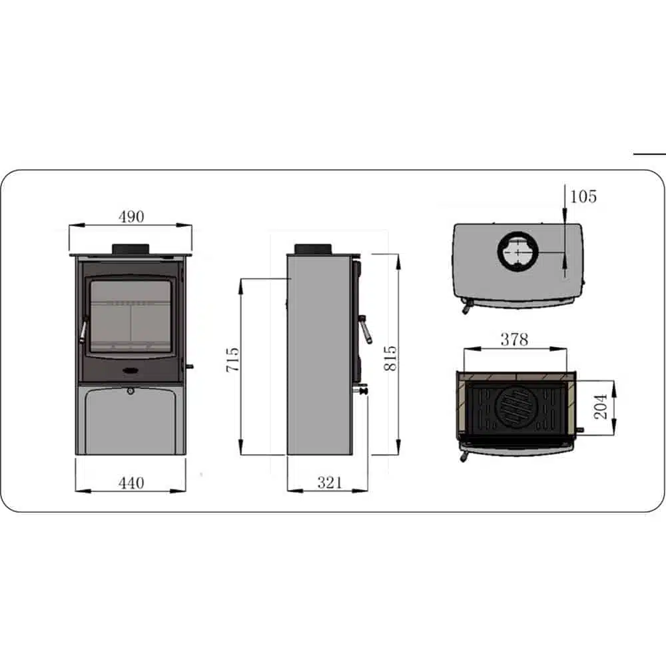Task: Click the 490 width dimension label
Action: tap(131, 216)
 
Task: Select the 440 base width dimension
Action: tap(131, 483)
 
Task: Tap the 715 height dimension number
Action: tap(232, 360)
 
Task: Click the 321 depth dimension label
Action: tap(329, 483)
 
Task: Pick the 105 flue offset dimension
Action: tap(583, 196)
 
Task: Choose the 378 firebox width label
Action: tap(514, 340)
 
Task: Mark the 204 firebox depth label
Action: tap(601, 406)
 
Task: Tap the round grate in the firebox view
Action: tap(513, 406)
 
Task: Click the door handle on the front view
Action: tap(83, 329)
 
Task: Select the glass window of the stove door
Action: tap(130, 316)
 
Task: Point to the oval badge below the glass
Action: tap(131, 369)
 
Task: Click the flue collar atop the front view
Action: tap(131, 248)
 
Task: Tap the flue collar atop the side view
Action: tap(313, 248)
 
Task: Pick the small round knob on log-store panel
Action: tap(131, 391)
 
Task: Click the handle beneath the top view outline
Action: tap(466, 306)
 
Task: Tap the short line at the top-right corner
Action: tap(649, 153)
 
